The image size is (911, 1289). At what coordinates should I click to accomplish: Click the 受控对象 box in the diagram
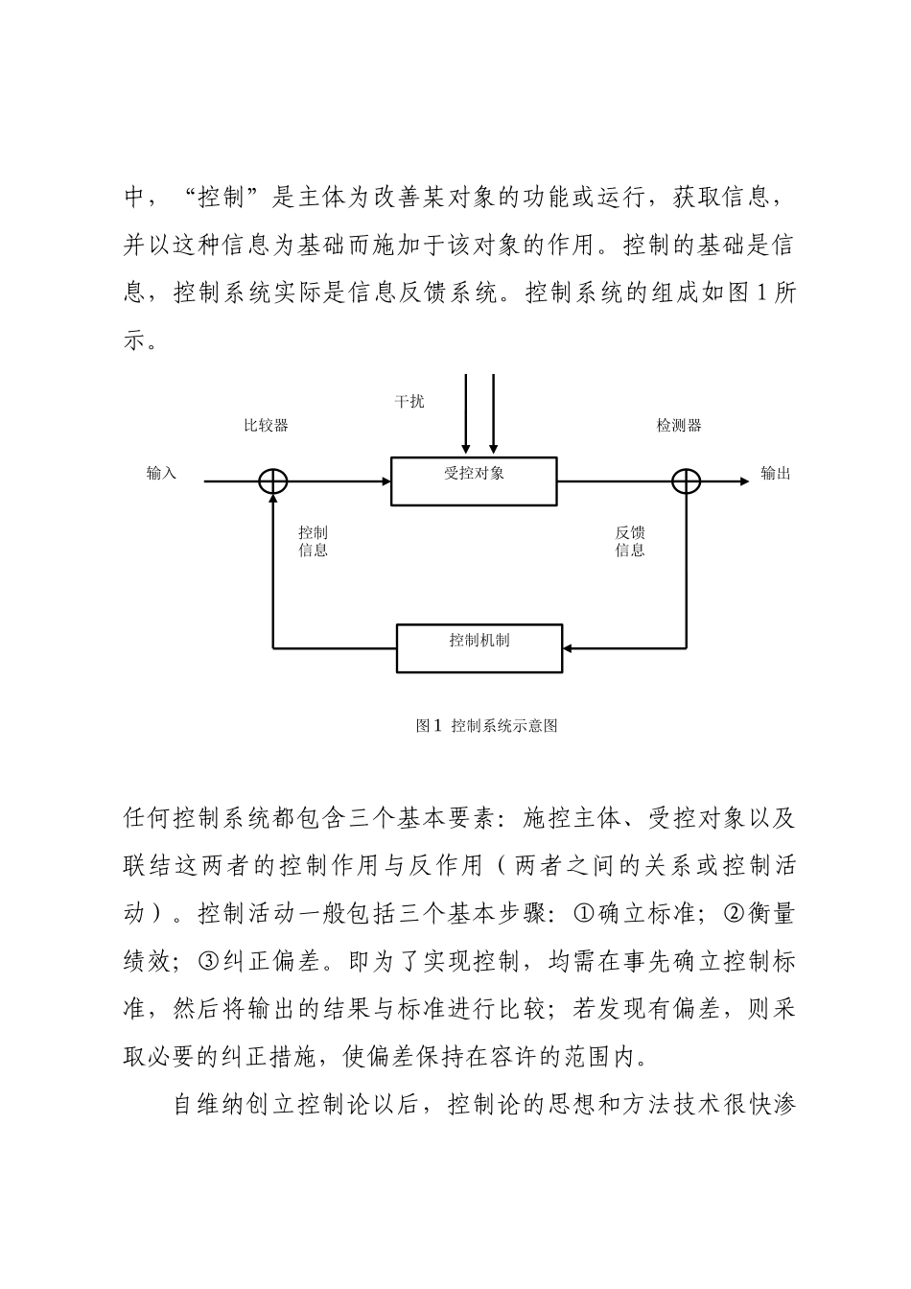pos(474,481)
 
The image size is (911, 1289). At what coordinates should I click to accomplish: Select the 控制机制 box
pos(479,648)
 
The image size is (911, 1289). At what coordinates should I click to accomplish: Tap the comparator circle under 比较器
pos(273,481)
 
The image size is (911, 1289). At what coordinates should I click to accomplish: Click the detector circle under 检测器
pos(687,481)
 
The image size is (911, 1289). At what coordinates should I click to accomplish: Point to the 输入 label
pos(161,473)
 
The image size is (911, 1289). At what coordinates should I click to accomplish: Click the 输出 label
pos(775,473)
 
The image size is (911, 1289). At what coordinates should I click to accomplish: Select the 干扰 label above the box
pos(409,401)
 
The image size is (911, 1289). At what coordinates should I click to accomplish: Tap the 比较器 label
pos(266,425)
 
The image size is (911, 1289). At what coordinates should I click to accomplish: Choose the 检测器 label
pos(678,425)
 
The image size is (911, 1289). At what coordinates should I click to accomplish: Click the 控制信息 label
pos(313,541)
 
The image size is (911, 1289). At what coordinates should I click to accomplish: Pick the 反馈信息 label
pos(630,541)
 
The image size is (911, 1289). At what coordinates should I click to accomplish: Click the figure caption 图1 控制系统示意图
pos(486,726)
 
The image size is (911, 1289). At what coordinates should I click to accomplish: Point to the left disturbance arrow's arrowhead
pos(466,447)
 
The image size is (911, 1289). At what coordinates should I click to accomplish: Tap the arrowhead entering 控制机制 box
pos(568,648)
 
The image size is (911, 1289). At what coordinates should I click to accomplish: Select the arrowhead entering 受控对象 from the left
pos(385,481)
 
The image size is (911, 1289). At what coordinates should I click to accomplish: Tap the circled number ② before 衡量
pos(732,914)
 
